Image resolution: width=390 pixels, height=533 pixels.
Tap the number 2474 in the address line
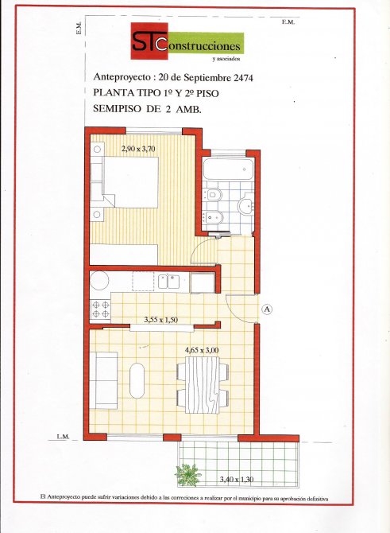[243, 77]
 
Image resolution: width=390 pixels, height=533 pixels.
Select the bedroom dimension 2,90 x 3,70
[139, 149]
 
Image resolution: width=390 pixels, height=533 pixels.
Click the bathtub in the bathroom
[228, 169]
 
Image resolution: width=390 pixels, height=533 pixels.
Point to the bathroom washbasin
[247, 205]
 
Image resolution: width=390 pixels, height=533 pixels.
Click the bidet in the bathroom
[213, 216]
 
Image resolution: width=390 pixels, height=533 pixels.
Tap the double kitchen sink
[168, 282]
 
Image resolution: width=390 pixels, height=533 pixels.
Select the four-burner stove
[101, 309]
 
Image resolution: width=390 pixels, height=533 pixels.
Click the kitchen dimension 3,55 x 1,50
[161, 320]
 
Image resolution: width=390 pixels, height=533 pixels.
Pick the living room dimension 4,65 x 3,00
[202, 350]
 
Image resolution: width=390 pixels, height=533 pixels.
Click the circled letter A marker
[268, 309]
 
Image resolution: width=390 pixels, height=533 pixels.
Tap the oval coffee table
[137, 380]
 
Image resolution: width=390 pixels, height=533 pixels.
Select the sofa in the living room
[106, 380]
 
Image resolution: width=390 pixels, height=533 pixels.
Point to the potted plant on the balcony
[187, 474]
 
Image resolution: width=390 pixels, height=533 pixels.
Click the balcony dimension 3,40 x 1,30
[237, 479]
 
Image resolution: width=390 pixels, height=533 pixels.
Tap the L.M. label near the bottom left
[63, 437]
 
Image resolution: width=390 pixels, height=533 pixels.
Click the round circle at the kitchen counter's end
[99, 281]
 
